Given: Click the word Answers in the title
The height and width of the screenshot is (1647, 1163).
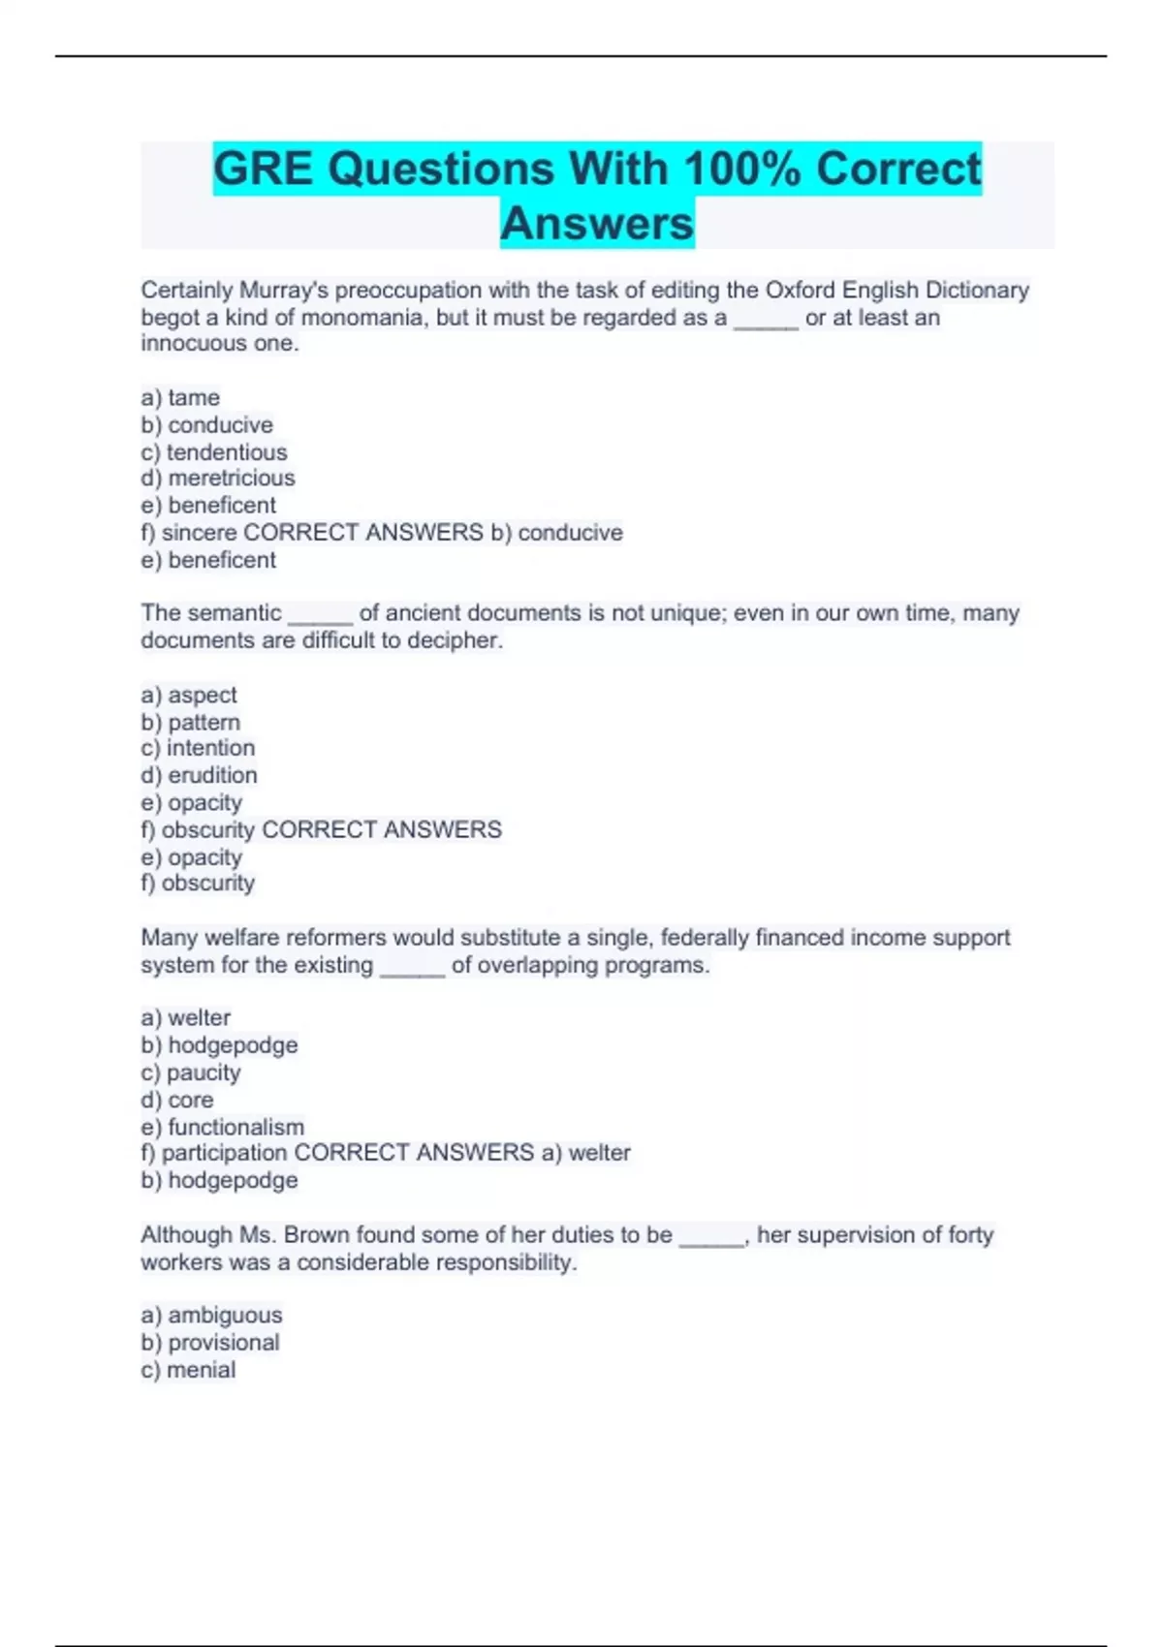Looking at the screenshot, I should click(x=597, y=223).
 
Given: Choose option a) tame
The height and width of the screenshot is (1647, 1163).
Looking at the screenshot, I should click(x=180, y=397).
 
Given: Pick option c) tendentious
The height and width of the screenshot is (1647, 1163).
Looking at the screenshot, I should click(x=214, y=451).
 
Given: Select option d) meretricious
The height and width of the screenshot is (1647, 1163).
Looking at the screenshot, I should click(x=218, y=478).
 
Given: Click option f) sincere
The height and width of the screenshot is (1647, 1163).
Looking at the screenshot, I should click(x=189, y=532).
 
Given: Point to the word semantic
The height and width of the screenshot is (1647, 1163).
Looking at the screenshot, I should click(x=234, y=612).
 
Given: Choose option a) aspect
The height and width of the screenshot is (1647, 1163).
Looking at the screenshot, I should click(x=189, y=695).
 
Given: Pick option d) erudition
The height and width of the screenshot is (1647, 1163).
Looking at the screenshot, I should click(x=199, y=775).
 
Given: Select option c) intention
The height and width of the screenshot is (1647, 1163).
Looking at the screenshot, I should click(x=198, y=748).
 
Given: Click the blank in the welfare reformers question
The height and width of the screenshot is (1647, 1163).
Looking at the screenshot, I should click(x=413, y=967).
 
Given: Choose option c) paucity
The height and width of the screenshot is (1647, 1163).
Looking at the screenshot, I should click(x=191, y=1072).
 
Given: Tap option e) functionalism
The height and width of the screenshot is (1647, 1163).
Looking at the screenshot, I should click(x=223, y=1127).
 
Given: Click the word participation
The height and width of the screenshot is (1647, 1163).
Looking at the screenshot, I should click(x=224, y=1152).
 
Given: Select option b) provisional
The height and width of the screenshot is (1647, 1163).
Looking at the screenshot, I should click(x=210, y=1342).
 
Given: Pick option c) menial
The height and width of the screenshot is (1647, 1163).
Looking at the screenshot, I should click(x=188, y=1369).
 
